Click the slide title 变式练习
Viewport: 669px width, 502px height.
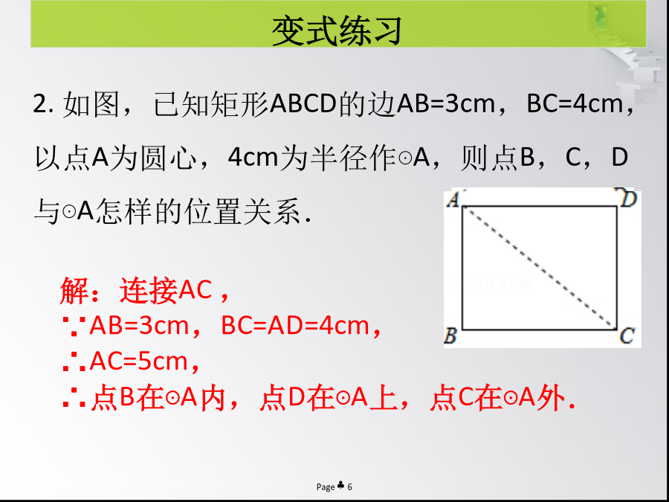tap(337, 30)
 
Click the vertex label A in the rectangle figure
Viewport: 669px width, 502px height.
tap(453, 199)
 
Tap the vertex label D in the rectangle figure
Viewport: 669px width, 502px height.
tap(628, 199)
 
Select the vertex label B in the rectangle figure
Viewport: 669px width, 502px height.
tap(450, 335)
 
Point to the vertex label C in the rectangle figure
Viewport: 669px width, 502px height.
tap(627, 335)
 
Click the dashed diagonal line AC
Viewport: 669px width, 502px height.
tap(540, 268)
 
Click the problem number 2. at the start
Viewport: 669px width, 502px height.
tap(43, 103)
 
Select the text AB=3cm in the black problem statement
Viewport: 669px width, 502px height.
tap(446, 103)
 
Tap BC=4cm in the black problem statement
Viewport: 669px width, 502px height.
tap(575, 103)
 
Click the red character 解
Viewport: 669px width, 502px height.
tap(74, 290)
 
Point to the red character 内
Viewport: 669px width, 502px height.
tap(213, 398)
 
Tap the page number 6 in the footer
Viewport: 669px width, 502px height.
tap(350, 486)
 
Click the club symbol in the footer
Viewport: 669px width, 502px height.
tap(341, 486)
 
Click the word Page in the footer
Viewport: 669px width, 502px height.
tap(326, 487)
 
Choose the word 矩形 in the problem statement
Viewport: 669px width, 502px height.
tap(240, 103)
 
